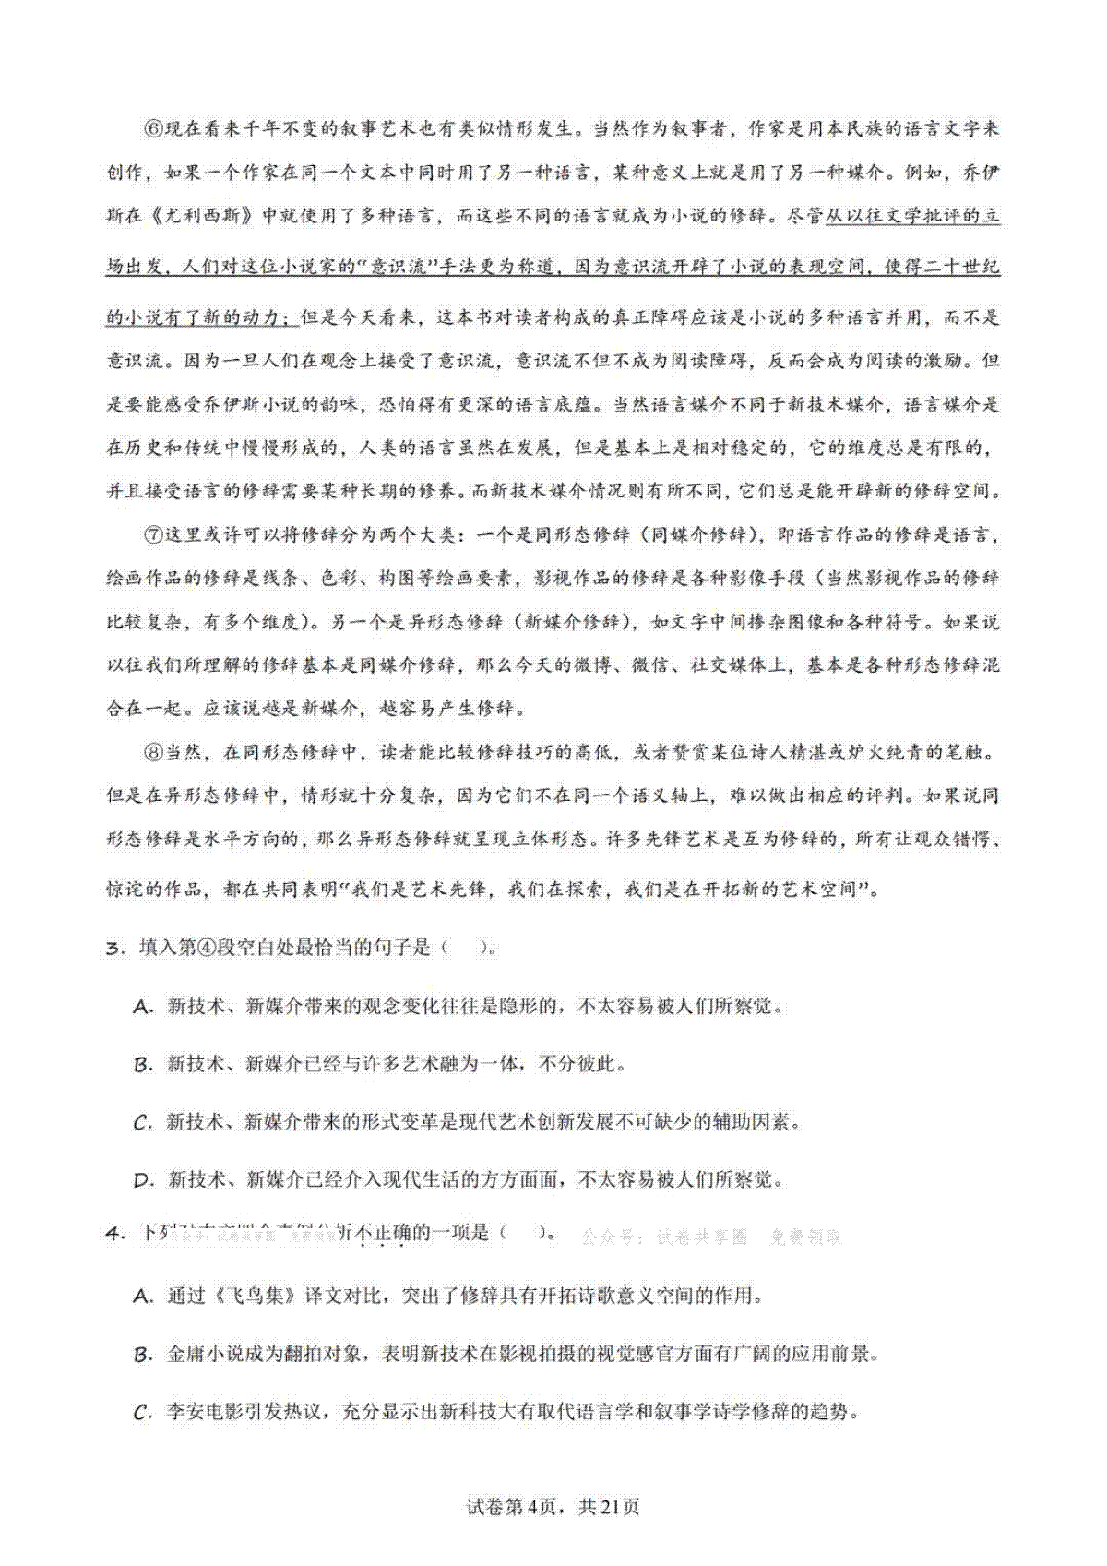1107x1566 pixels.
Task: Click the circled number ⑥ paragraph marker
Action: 153,128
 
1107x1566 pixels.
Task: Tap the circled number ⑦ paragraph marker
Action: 153,535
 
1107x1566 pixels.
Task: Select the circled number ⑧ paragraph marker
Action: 153,752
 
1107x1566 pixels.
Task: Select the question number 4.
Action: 114,1234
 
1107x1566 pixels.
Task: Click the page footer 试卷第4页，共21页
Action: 553,1507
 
